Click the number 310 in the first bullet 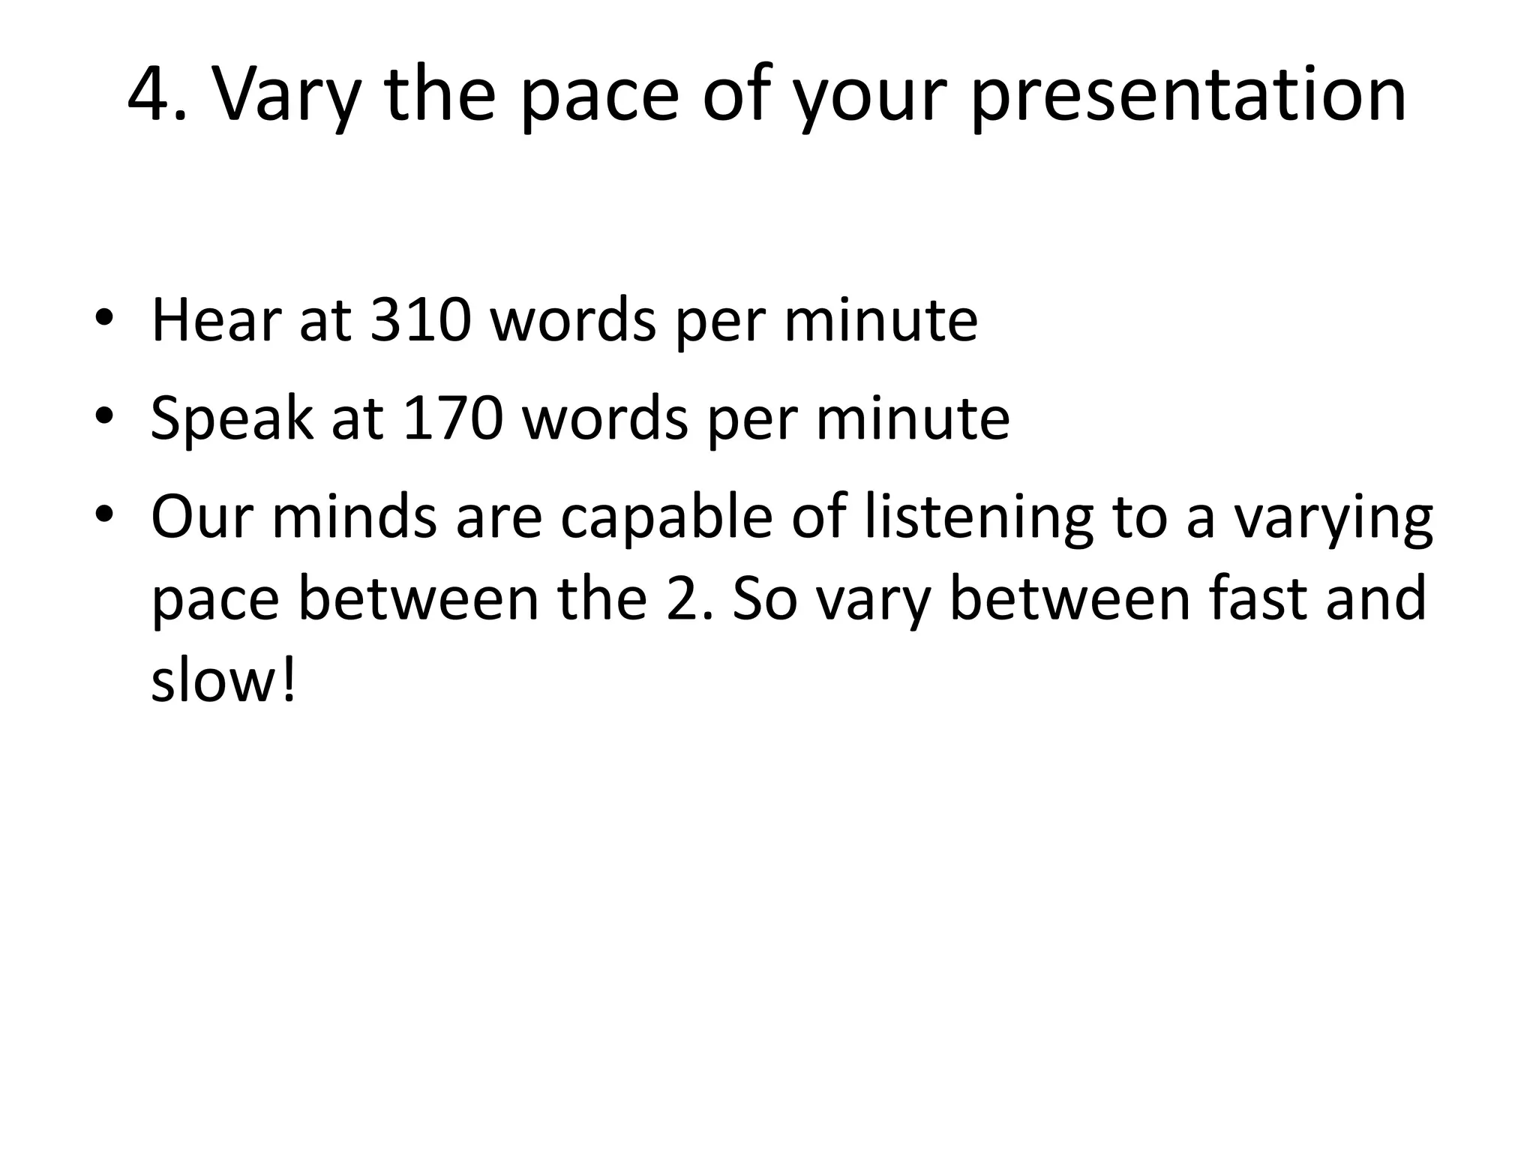[421, 321]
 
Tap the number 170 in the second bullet [453, 418]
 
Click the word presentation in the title [1188, 96]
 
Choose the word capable [666, 519]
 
